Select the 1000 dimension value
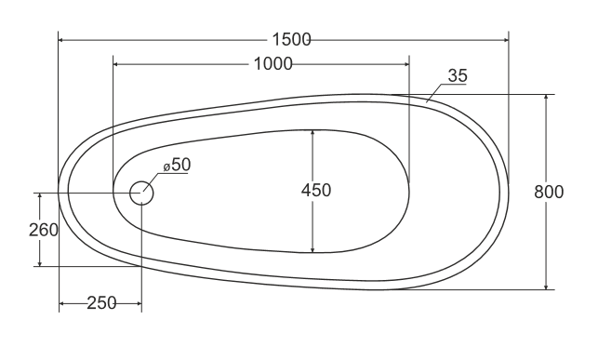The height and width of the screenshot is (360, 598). pos(272,63)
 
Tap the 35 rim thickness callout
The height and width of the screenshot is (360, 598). pos(457,75)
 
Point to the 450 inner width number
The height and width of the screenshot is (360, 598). pos(316,191)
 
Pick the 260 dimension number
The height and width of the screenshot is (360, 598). pos(44,230)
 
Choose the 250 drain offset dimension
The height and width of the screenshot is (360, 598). pos(101,303)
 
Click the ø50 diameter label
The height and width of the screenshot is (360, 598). pos(177,165)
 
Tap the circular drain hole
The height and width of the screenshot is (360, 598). pos(141,193)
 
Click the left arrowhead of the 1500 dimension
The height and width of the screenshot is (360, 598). pos(63,39)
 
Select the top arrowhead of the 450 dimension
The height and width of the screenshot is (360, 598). pos(312,133)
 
